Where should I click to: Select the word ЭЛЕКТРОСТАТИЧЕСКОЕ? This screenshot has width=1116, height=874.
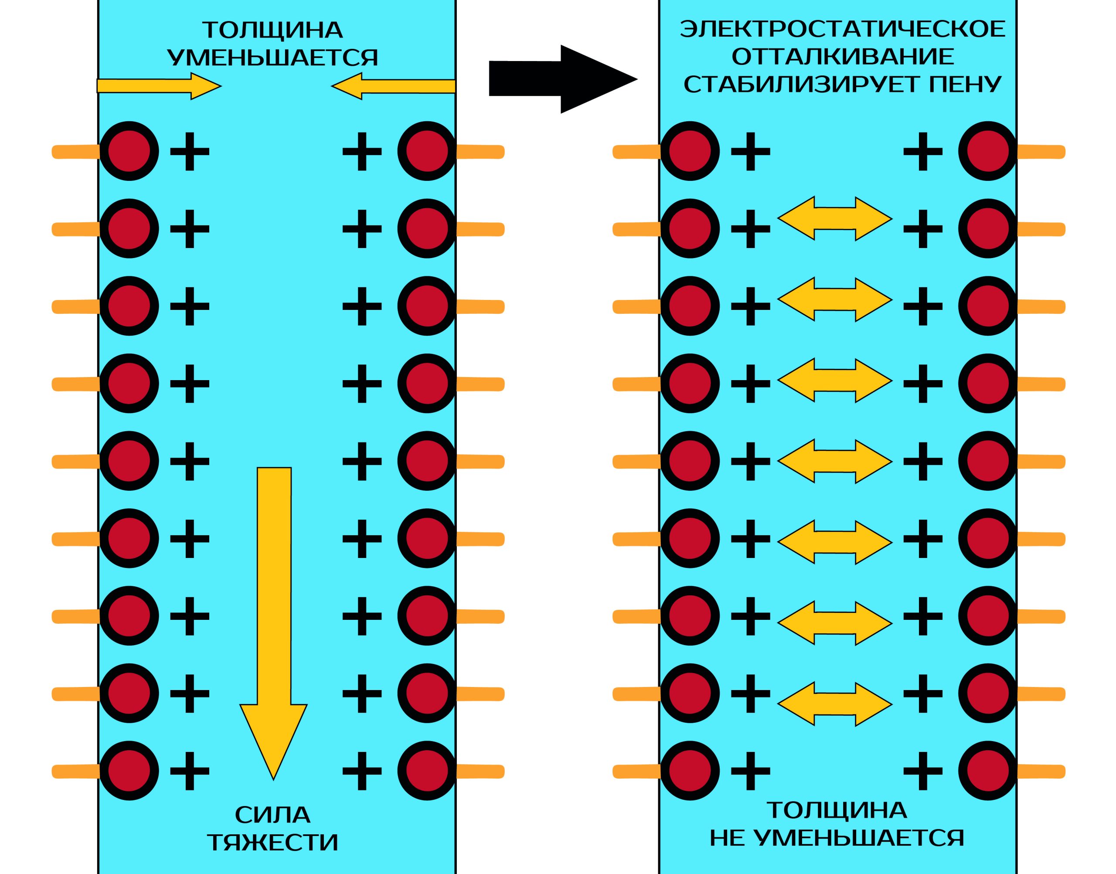[x=842, y=29]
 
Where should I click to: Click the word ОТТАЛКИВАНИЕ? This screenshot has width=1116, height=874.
[x=842, y=56]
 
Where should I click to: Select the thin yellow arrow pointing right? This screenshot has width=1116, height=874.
[x=159, y=86]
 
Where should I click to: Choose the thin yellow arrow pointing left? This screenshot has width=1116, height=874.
[x=394, y=86]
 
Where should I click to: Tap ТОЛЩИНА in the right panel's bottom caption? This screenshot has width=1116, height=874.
[x=837, y=810]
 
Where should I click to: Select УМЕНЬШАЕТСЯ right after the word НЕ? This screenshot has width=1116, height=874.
[x=860, y=838]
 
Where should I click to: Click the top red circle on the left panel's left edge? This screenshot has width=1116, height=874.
[x=129, y=151]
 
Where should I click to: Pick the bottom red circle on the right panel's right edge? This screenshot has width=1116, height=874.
[x=987, y=771]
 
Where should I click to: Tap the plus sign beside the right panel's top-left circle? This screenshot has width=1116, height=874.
[x=750, y=151]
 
